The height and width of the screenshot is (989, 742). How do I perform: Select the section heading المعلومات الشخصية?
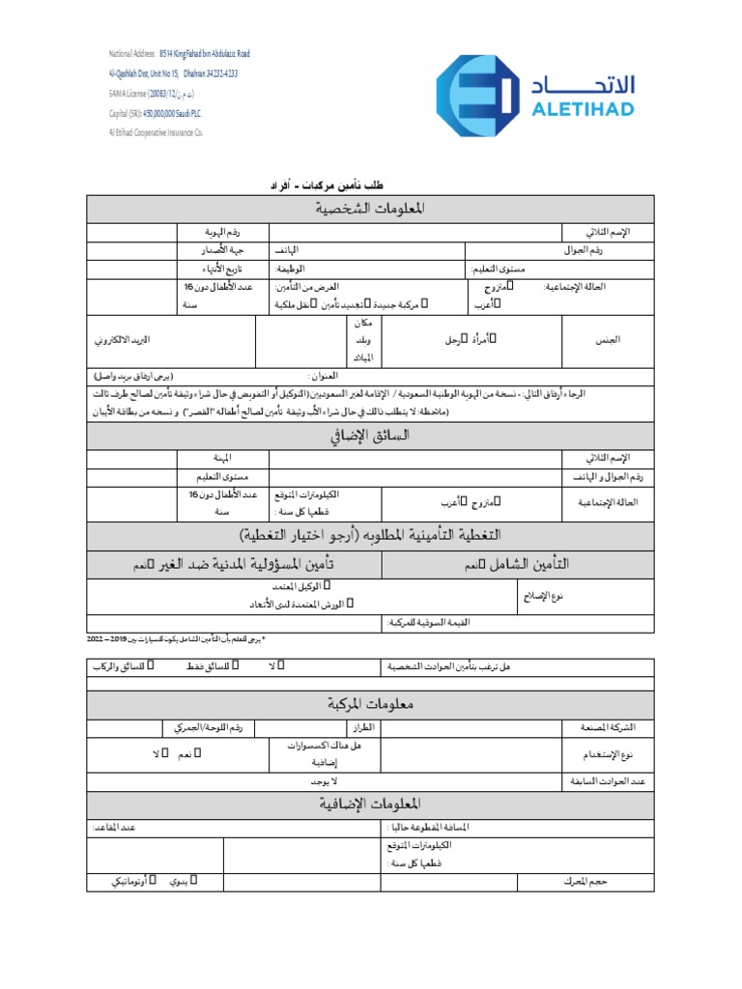pyautogui.click(x=370, y=210)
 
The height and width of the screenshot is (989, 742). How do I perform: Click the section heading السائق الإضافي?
pyautogui.click(x=370, y=438)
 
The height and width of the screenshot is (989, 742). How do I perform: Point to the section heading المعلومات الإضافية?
pyautogui.click(x=370, y=804)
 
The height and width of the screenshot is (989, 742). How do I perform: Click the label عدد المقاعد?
pyautogui.click(x=115, y=828)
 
